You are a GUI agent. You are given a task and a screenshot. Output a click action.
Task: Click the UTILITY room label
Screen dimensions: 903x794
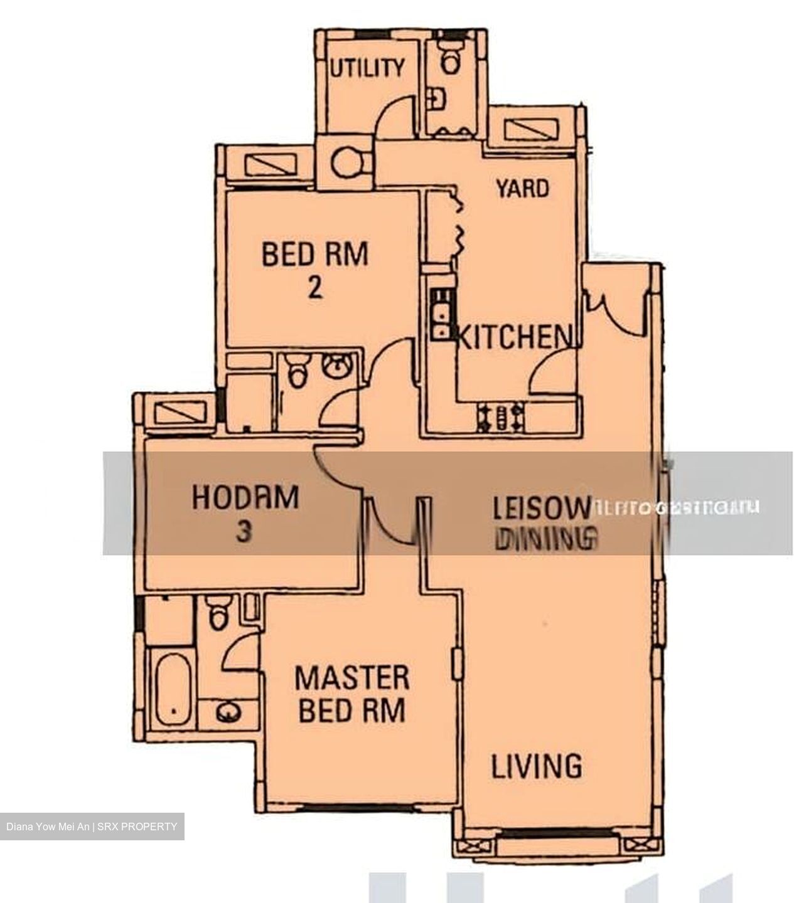(x=367, y=67)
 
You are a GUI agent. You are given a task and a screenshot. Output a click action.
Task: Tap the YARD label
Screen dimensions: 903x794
(x=522, y=188)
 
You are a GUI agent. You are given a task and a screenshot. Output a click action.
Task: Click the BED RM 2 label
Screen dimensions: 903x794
(x=315, y=270)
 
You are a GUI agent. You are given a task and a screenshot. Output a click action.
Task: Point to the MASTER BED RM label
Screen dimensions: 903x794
(x=351, y=694)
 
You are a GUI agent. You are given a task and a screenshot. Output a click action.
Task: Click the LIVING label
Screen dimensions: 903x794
(x=536, y=766)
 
